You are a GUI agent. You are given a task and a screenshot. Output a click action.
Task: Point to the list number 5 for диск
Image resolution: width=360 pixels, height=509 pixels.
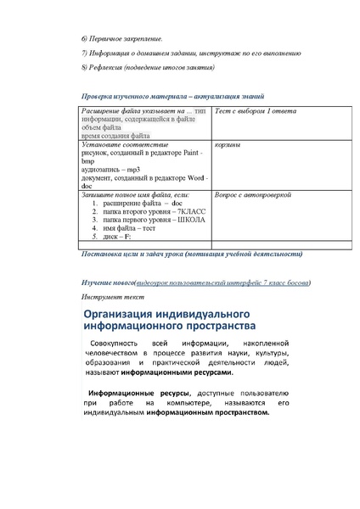94,237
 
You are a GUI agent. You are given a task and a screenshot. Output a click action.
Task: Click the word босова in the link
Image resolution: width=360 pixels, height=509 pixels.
295,282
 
